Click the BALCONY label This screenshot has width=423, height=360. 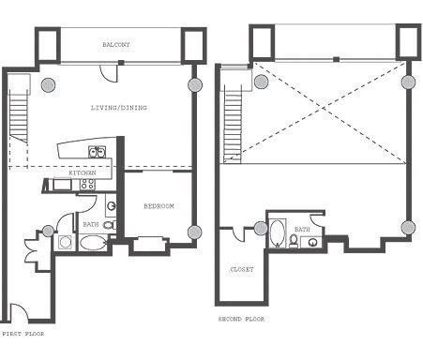(117, 44)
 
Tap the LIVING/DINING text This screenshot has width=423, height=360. (118, 107)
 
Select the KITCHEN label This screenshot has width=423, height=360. (83, 173)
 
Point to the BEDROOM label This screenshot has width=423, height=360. (159, 205)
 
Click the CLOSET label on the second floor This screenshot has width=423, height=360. (242, 269)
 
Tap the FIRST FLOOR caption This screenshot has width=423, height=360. (23, 333)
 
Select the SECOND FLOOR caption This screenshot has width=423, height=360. (241, 319)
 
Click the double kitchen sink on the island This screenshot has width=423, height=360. (96, 151)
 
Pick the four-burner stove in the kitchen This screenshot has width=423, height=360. (87, 185)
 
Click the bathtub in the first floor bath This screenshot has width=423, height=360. (93, 243)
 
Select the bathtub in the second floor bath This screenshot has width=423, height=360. (279, 232)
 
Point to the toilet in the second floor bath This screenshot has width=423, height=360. (295, 241)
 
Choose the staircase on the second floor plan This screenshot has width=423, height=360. (235, 122)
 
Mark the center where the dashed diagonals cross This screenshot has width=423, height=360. (331, 112)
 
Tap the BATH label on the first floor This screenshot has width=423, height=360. (90, 224)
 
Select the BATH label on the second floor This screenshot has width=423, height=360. (302, 229)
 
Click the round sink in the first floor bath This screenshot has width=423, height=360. (111, 205)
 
